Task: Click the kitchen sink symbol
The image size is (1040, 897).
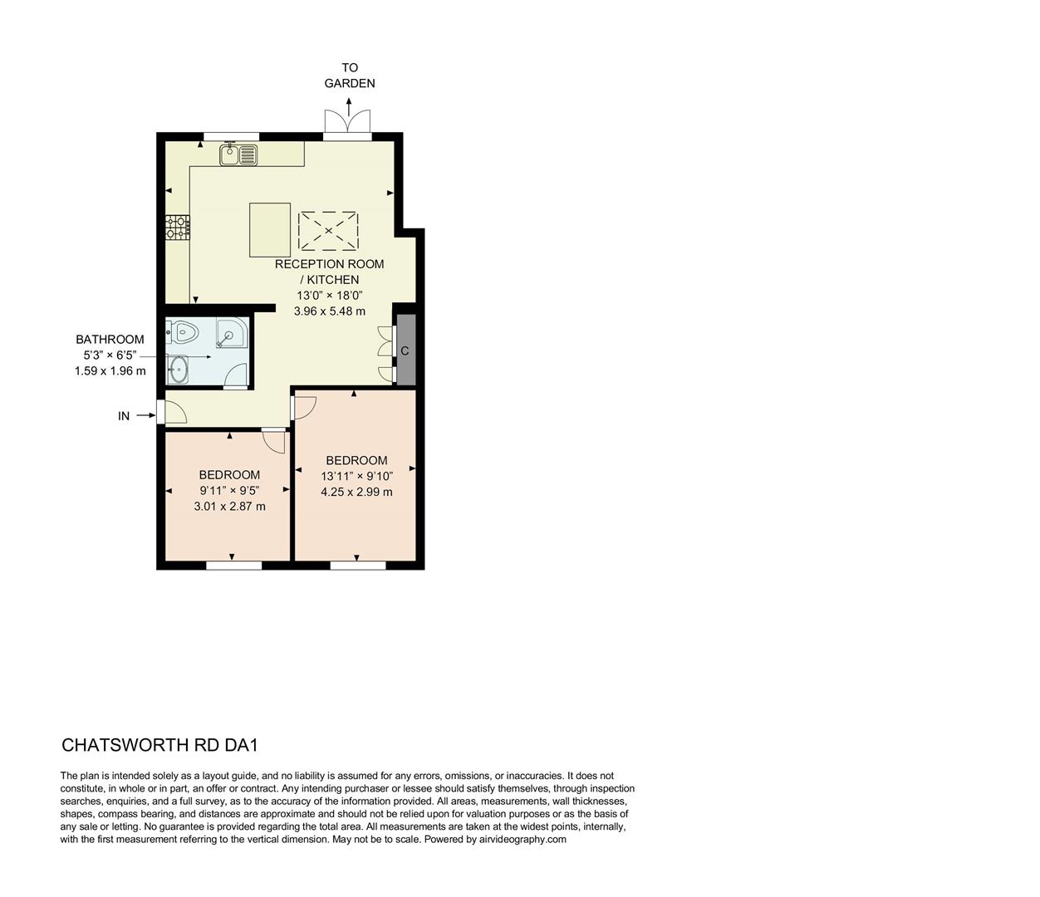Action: pyautogui.click(x=239, y=154)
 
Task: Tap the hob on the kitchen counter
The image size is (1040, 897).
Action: pyautogui.click(x=178, y=228)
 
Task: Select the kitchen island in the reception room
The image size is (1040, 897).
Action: pyautogui.click(x=270, y=229)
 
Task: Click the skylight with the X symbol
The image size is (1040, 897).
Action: pyautogui.click(x=328, y=230)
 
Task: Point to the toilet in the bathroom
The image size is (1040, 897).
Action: pyautogui.click(x=184, y=333)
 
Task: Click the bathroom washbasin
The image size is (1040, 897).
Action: pyautogui.click(x=179, y=369)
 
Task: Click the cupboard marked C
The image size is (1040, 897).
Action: pyautogui.click(x=405, y=350)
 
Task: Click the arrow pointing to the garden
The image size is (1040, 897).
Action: pyautogui.click(x=349, y=105)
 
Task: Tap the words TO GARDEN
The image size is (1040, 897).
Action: pyautogui.click(x=349, y=76)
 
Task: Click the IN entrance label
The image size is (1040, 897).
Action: pyautogui.click(x=124, y=416)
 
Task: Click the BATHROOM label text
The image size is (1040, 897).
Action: pyautogui.click(x=110, y=339)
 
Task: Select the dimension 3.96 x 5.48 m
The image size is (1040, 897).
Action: pyautogui.click(x=329, y=311)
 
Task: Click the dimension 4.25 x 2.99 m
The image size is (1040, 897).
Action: pyautogui.click(x=356, y=492)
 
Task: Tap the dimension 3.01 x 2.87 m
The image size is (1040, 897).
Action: pyautogui.click(x=229, y=506)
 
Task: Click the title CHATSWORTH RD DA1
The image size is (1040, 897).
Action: pyautogui.click(x=165, y=745)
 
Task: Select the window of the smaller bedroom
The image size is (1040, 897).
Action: pyautogui.click(x=233, y=566)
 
